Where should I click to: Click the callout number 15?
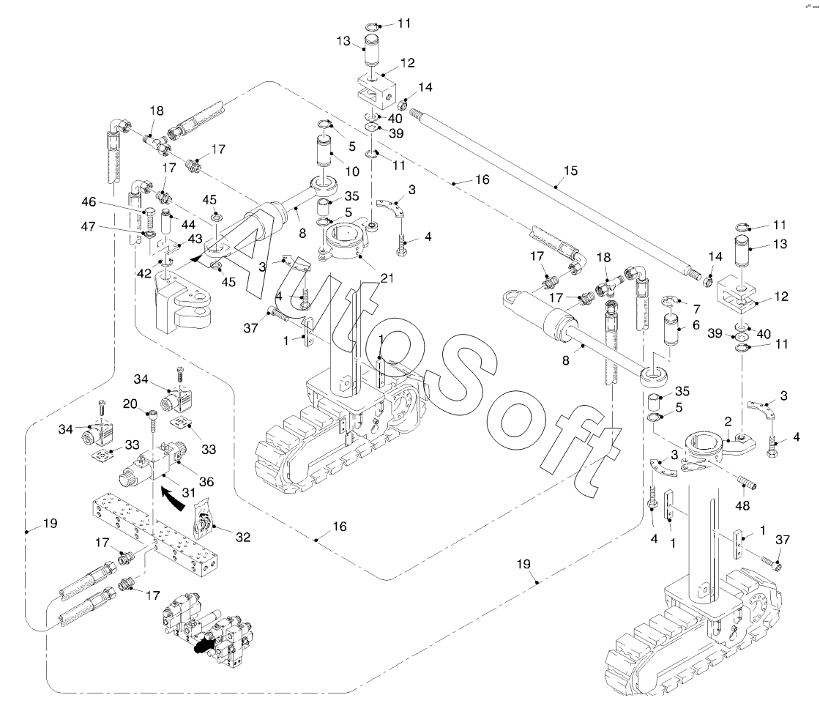(x=570, y=171)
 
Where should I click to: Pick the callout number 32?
(x=243, y=538)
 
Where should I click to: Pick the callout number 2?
(x=728, y=421)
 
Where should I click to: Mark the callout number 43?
(x=195, y=239)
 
